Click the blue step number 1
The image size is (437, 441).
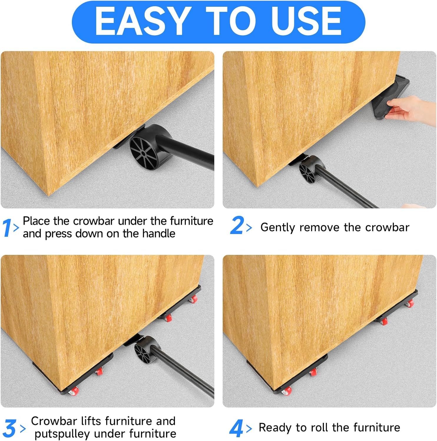pyautogui.click(x=7, y=228)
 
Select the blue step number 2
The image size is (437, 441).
pyautogui.click(x=237, y=225)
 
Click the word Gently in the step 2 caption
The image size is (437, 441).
pyautogui.click(x=278, y=228)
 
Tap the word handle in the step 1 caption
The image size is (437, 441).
pyautogui.click(x=159, y=234)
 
